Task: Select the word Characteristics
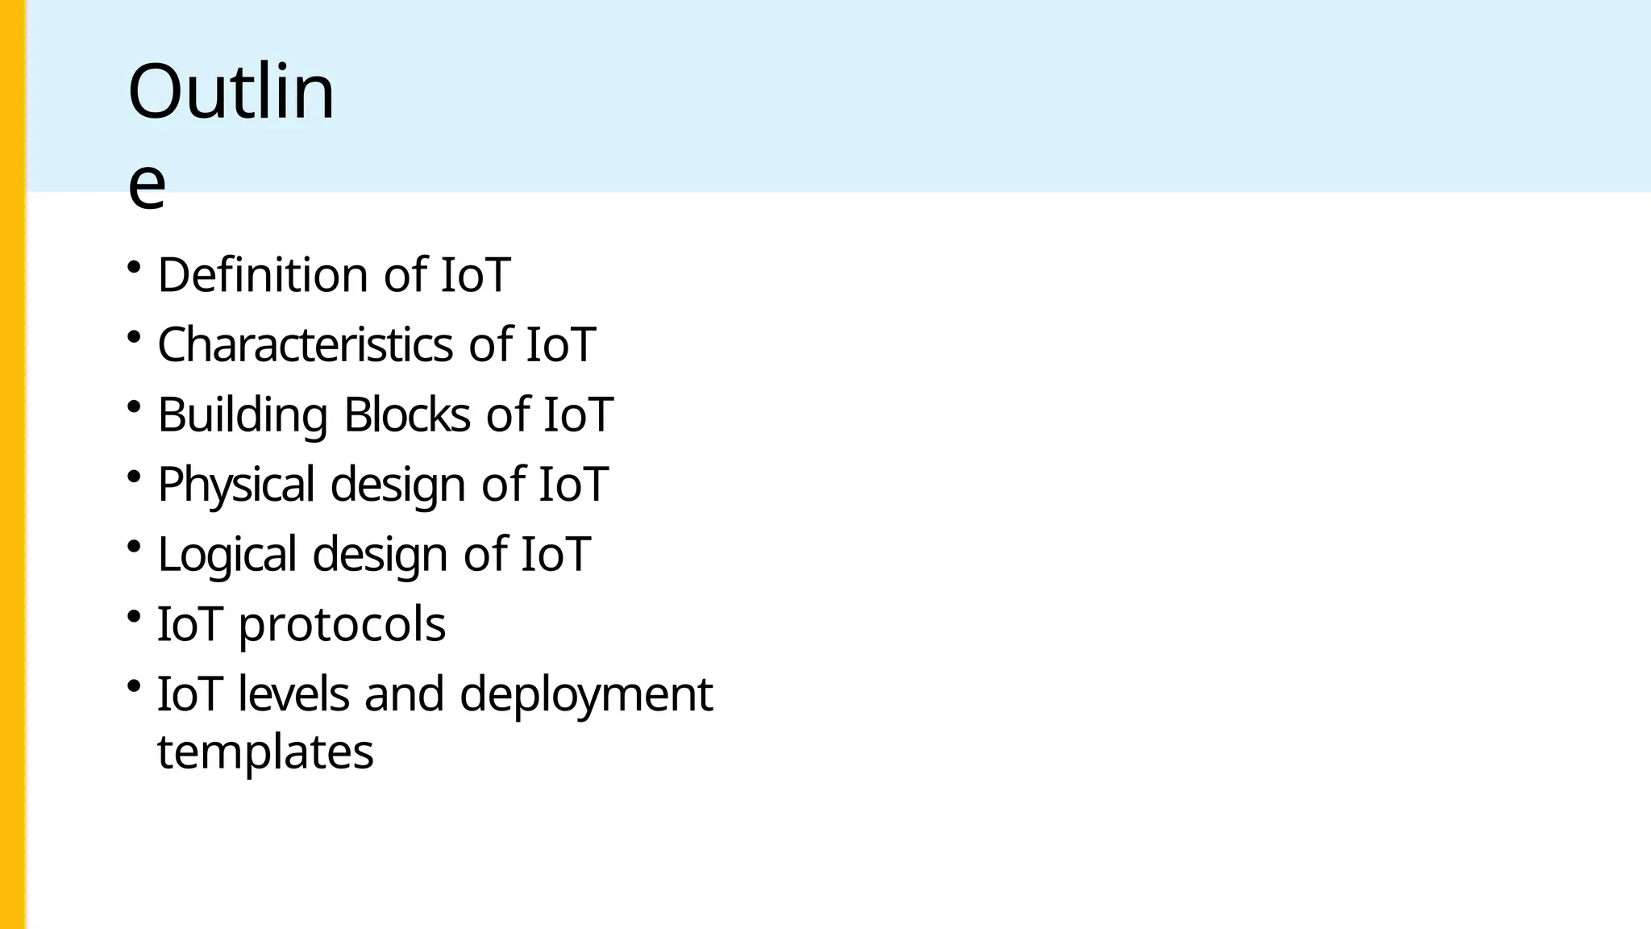click(305, 345)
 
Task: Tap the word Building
click(242, 415)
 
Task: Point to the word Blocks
click(407, 415)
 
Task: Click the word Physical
click(235, 485)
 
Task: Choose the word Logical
click(227, 555)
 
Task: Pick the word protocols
click(342, 625)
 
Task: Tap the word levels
click(293, 694)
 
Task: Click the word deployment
click(586, 695)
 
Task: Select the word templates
click(265, 752)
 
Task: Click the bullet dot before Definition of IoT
click(134, 266)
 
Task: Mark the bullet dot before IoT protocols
click(134, 616)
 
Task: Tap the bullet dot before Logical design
click(134, 546)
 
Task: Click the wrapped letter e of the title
click(147, 185)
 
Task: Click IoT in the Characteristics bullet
click(560, 345)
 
